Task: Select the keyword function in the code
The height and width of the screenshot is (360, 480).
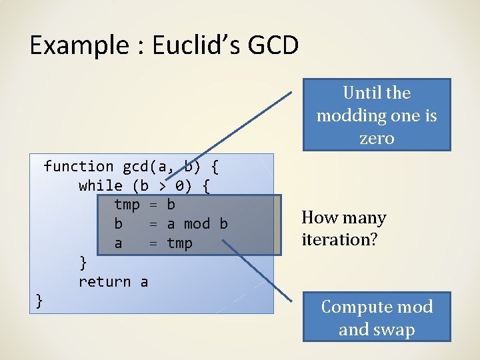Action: (79, 166)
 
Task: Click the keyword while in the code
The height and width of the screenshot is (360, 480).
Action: (100, 185)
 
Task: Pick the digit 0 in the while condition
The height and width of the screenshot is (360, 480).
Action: (179, 185)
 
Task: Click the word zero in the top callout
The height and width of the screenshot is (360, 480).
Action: (377, 139)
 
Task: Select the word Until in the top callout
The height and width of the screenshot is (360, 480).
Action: (363, 93)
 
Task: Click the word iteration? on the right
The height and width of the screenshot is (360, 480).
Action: (339, 239)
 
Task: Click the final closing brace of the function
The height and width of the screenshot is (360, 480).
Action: (39, 301)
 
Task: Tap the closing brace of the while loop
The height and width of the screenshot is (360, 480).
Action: (83, 262)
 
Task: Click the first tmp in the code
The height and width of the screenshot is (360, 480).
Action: (127, 204)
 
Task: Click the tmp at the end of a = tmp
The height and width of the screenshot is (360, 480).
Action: (179, 243)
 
